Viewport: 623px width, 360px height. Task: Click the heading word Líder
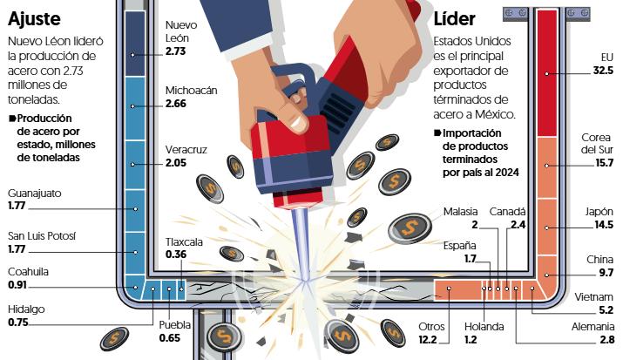tap(455, 18)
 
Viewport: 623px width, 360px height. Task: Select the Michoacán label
tap(193, 91)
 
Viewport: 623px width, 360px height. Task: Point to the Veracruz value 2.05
tap(177, 163)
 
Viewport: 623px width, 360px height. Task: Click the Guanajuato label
tap(35, 194)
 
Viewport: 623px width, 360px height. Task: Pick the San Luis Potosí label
tap(41, 235)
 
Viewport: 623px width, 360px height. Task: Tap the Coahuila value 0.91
tap(19, 284)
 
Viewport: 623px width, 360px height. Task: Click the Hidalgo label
tap(26, 309)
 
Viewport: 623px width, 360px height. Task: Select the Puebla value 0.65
tap(169, 337)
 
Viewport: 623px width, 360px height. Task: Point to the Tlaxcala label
tap(184, 241)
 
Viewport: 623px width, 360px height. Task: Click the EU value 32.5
tap(603, 70)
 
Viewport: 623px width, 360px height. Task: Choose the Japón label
tap(599, 212)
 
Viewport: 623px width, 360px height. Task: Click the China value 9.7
tap(606, 272)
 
